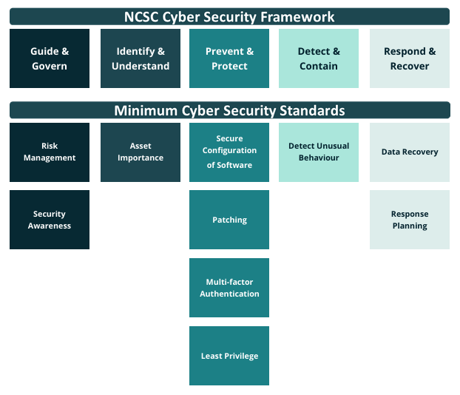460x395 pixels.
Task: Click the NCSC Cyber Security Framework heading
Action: coord(229,17)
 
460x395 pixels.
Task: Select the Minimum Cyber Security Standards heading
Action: coord(229,111)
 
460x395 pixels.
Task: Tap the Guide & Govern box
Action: coord(50,58)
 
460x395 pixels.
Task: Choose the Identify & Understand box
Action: coord(141,58)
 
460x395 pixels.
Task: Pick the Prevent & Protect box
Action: coord(229,58)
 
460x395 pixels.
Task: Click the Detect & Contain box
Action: coord(319,58)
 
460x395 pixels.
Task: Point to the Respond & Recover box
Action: coord(410,58)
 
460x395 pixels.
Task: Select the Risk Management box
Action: coord(50,152)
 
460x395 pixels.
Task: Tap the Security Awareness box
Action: coord(50,220)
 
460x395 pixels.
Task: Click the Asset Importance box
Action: coord(141,152)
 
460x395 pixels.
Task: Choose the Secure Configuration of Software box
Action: coord(229,152)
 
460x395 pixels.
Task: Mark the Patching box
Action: coord(229,220)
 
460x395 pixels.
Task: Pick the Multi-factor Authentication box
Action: coord(229,288)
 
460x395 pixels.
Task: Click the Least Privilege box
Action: coord(229,356)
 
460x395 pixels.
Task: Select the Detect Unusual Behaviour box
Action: coord(319,152)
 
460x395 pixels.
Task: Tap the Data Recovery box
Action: coord(410,152)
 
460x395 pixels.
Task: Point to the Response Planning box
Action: coord(410,220)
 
